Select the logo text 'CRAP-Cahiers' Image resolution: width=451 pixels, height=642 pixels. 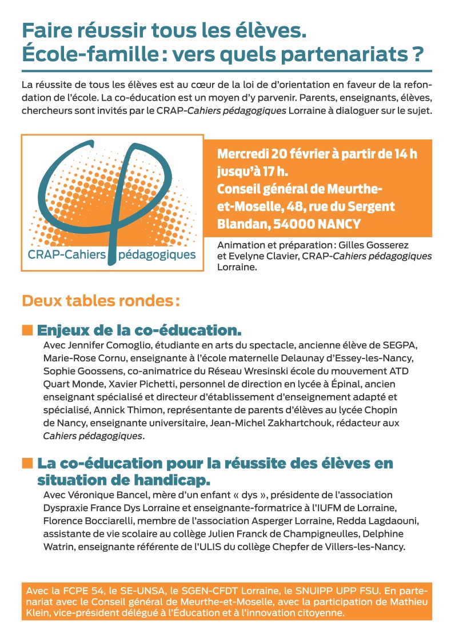[x=67, y=253]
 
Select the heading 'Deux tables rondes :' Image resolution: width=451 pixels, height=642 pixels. [x=101, y=300]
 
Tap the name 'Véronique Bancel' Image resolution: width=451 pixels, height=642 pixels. [x=100, y=494]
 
